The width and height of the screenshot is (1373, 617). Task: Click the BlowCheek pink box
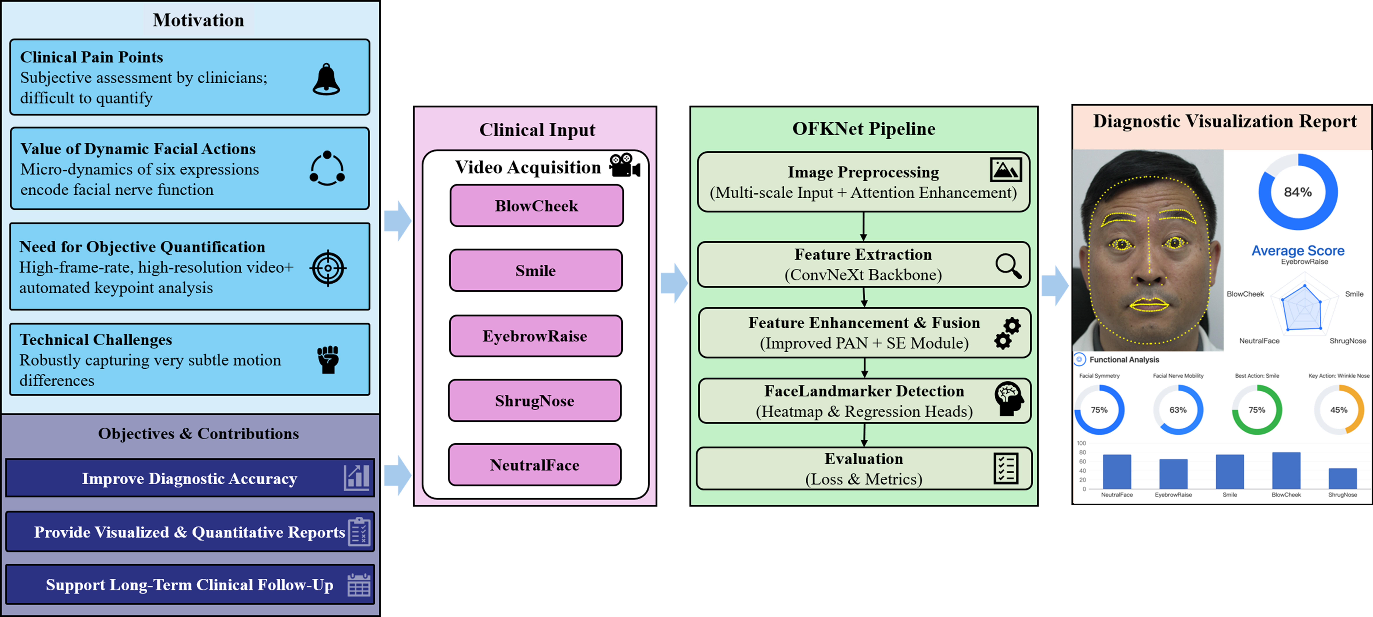[536, 206]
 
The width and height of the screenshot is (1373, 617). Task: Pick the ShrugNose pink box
[535, 400]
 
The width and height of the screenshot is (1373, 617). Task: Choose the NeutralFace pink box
[535, 465]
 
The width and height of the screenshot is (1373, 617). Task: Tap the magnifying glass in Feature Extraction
[1008, 266]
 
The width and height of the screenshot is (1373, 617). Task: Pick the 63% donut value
[1178, 409]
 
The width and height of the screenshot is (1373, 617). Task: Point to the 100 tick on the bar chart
[1082, 443]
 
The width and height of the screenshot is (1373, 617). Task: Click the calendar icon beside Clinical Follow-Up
[359, 585]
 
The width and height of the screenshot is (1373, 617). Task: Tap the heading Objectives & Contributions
[198, 434]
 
